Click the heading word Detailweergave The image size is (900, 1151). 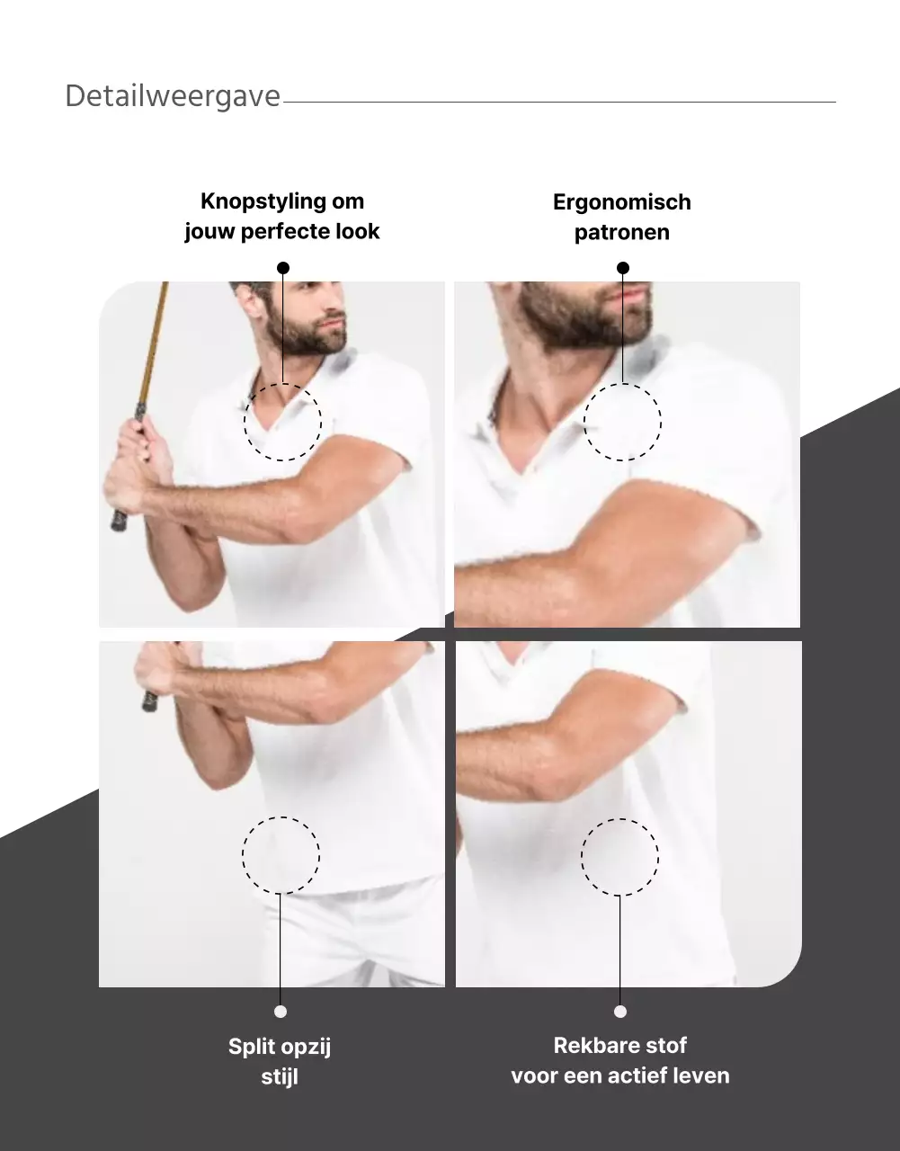click(173, 97)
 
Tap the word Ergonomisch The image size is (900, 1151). click(622, 202)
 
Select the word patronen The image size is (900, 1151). click(622, 233)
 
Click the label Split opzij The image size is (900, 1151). click(280, 1047)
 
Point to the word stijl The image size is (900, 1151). click(280, 1077)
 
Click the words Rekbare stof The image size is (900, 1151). click(620, 1046)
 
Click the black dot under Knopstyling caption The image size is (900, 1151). click(283, 268)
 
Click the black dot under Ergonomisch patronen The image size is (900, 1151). click(623, 268)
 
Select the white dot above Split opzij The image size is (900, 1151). click(281, 1012)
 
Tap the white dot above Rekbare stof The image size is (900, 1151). click(620, 1012)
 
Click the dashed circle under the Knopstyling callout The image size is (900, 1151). click(244, 422)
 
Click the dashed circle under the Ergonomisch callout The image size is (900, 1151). click(584, 422)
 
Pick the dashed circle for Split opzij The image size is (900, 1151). click(243, 855)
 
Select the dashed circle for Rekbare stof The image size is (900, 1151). click(582, 857)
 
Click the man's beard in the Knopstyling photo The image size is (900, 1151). click(303, 334)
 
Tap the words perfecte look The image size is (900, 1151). click(310, 231)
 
